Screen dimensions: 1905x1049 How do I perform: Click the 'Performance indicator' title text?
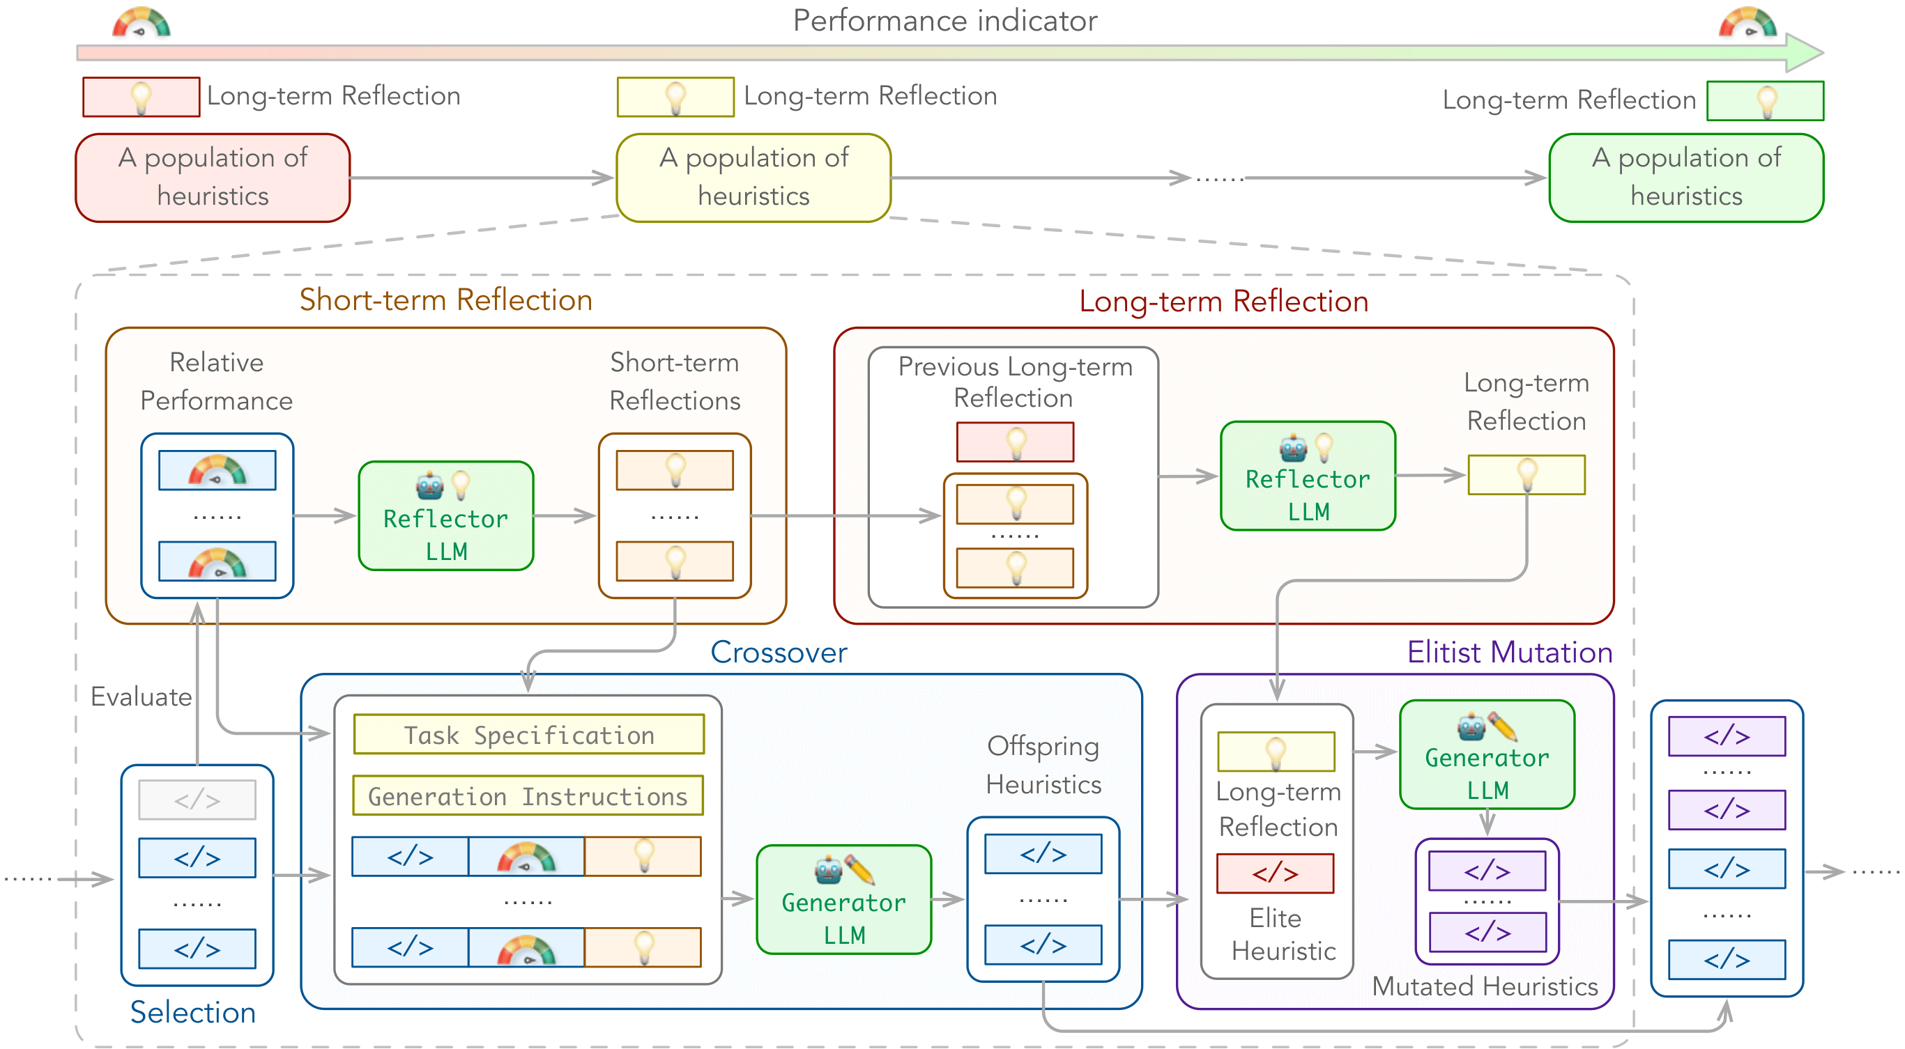click(x=944, y=21)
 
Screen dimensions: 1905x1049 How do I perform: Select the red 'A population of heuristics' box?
click(x=213, y=178)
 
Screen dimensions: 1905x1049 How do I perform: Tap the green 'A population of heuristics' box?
click(x=1686, y=178)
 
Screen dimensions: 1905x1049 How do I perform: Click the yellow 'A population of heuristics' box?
click(x=753, y=178)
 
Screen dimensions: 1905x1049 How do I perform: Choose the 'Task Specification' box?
click(x=529, y=734)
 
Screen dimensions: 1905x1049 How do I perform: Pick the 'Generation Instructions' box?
click(x=528, y=795)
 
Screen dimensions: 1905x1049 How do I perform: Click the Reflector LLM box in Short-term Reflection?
click(x=446, y=516)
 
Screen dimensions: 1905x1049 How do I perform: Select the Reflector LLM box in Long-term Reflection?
click(x=1308, y=476)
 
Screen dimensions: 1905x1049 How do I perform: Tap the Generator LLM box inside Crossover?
click(x=844, y=900)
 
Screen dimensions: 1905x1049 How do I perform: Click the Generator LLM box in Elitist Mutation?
click(x=1487, y=755)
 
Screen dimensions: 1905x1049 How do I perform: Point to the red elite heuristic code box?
click(x=1276, y=873)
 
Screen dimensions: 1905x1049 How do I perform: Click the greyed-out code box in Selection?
click(x=197, y=800)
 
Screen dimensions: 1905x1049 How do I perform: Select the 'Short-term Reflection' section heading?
click(x=446, y=300)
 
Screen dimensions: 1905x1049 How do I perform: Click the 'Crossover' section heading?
click(x=779, y=652)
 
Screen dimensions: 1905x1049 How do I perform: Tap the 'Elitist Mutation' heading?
click(x=1509, y=652)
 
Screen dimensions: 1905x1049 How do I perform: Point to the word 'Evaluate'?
click(x=141, y=697)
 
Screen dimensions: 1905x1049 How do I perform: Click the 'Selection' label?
click(x=193, y=1012)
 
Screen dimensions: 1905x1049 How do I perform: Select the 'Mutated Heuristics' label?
click(x=1485, y=986)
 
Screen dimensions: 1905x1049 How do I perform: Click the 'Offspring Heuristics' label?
click(x=1043, y=765)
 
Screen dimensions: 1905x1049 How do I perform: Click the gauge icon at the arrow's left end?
click(x=141, y=22)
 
